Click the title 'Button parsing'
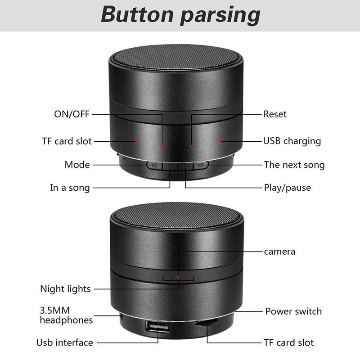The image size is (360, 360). click(x=180, y=15)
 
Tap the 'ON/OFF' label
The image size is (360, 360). click(x=72, y=114)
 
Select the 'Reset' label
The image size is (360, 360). click(x=275, y=114)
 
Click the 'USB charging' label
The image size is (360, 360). click(x=292, y=141)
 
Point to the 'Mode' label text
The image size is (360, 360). click(x=77, y=165)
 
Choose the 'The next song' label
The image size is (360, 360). click(x=294, y=165)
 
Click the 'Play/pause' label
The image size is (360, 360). click(x=288, y=188)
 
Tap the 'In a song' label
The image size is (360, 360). click(x=70, y=188)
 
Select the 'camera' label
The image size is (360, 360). click(x=279, y=252)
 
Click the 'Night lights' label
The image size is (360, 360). click(x=65, y=289)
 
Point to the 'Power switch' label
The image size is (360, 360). click(x=294, y=311)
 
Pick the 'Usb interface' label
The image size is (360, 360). click(x=65, y=342)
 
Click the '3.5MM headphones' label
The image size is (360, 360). click(x=66, y=315)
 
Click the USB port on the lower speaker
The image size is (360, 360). click(x=157, y=327)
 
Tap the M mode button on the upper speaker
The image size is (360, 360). click(x=154, y=165)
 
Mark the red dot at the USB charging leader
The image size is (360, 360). click(x=220, y=141)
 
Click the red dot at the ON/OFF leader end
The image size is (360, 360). click(x=162, y=145)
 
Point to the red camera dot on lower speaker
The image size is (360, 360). click(x=178, y=277)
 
